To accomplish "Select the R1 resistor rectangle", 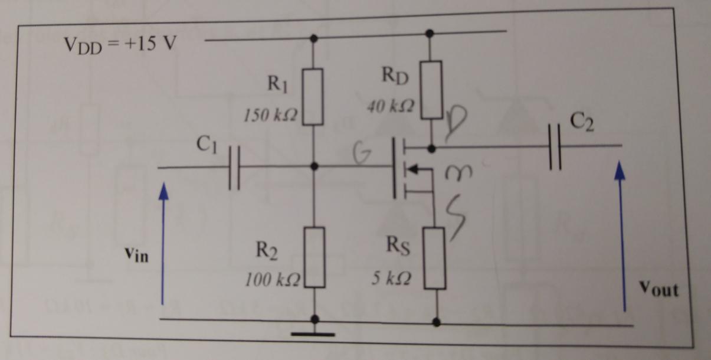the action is [x=313, y=97].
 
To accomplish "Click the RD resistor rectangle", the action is [x=433, y=89].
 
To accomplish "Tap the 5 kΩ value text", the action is [x=392, y=277].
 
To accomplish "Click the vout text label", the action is [x=659, y=290].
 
